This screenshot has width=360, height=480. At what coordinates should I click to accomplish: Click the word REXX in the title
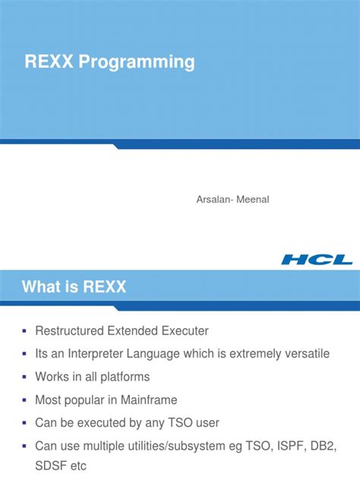(47, 62)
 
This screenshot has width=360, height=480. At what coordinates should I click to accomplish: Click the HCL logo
(317, 259)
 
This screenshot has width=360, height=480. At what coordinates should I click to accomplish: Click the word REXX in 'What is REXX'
(103, 287)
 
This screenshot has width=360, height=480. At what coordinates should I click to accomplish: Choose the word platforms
(123, 377)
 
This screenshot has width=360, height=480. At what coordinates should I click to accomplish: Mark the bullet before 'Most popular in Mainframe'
(25, 399)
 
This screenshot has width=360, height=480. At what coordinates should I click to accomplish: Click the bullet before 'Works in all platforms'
(25, 377)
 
